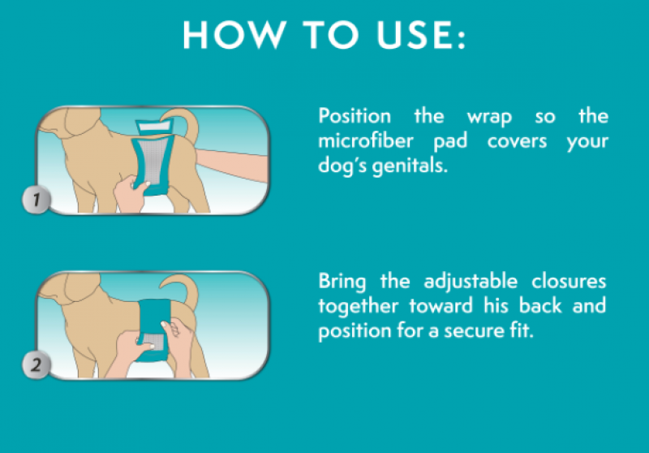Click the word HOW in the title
click(x=234, y=34)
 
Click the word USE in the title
click(x=415, y=34)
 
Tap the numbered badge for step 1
click(x=37, y=200)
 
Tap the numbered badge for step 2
click(x=37, y=365)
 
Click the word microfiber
click(x=366, y=140)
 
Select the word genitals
click(x=410, y=166)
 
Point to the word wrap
click(x=489, y=117)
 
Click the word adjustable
click(x=471, y=282)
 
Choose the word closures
click(x=569, y=281)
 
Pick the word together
click(x=358, y=307)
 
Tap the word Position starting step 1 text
click(x=355, y=115)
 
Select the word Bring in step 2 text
click(x=342, y=282)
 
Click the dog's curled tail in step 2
click(x=187, y=290)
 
